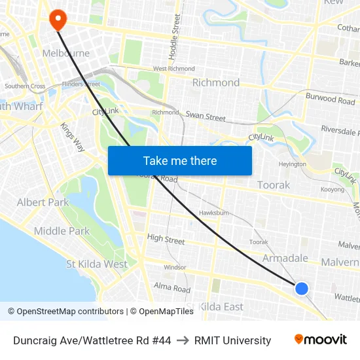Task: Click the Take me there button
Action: [x=180, y=160]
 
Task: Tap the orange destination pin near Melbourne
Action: [x=58, y=19]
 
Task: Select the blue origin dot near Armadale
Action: [x=302, y=288]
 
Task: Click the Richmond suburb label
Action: [x=216, y=82]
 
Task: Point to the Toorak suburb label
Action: [x=274, y=185]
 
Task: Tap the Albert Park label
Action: [x=43, y=202]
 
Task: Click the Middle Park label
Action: [x=62, y=230]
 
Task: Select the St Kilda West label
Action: [x=97, y=264]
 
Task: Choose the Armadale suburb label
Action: [x=285, y=259]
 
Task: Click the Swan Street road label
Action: [x=206, y=117]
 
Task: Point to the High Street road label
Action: [x=166, y=240]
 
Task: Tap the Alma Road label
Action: [x=172, y=287]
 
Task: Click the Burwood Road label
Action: [x=330, y=99]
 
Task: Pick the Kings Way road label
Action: [x=72, y=137]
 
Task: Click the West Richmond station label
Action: [x=173, y=68]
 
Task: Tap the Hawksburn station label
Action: [x=213, y=213]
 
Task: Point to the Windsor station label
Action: [x=175, y=267]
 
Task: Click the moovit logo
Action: [x=321, y=339]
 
